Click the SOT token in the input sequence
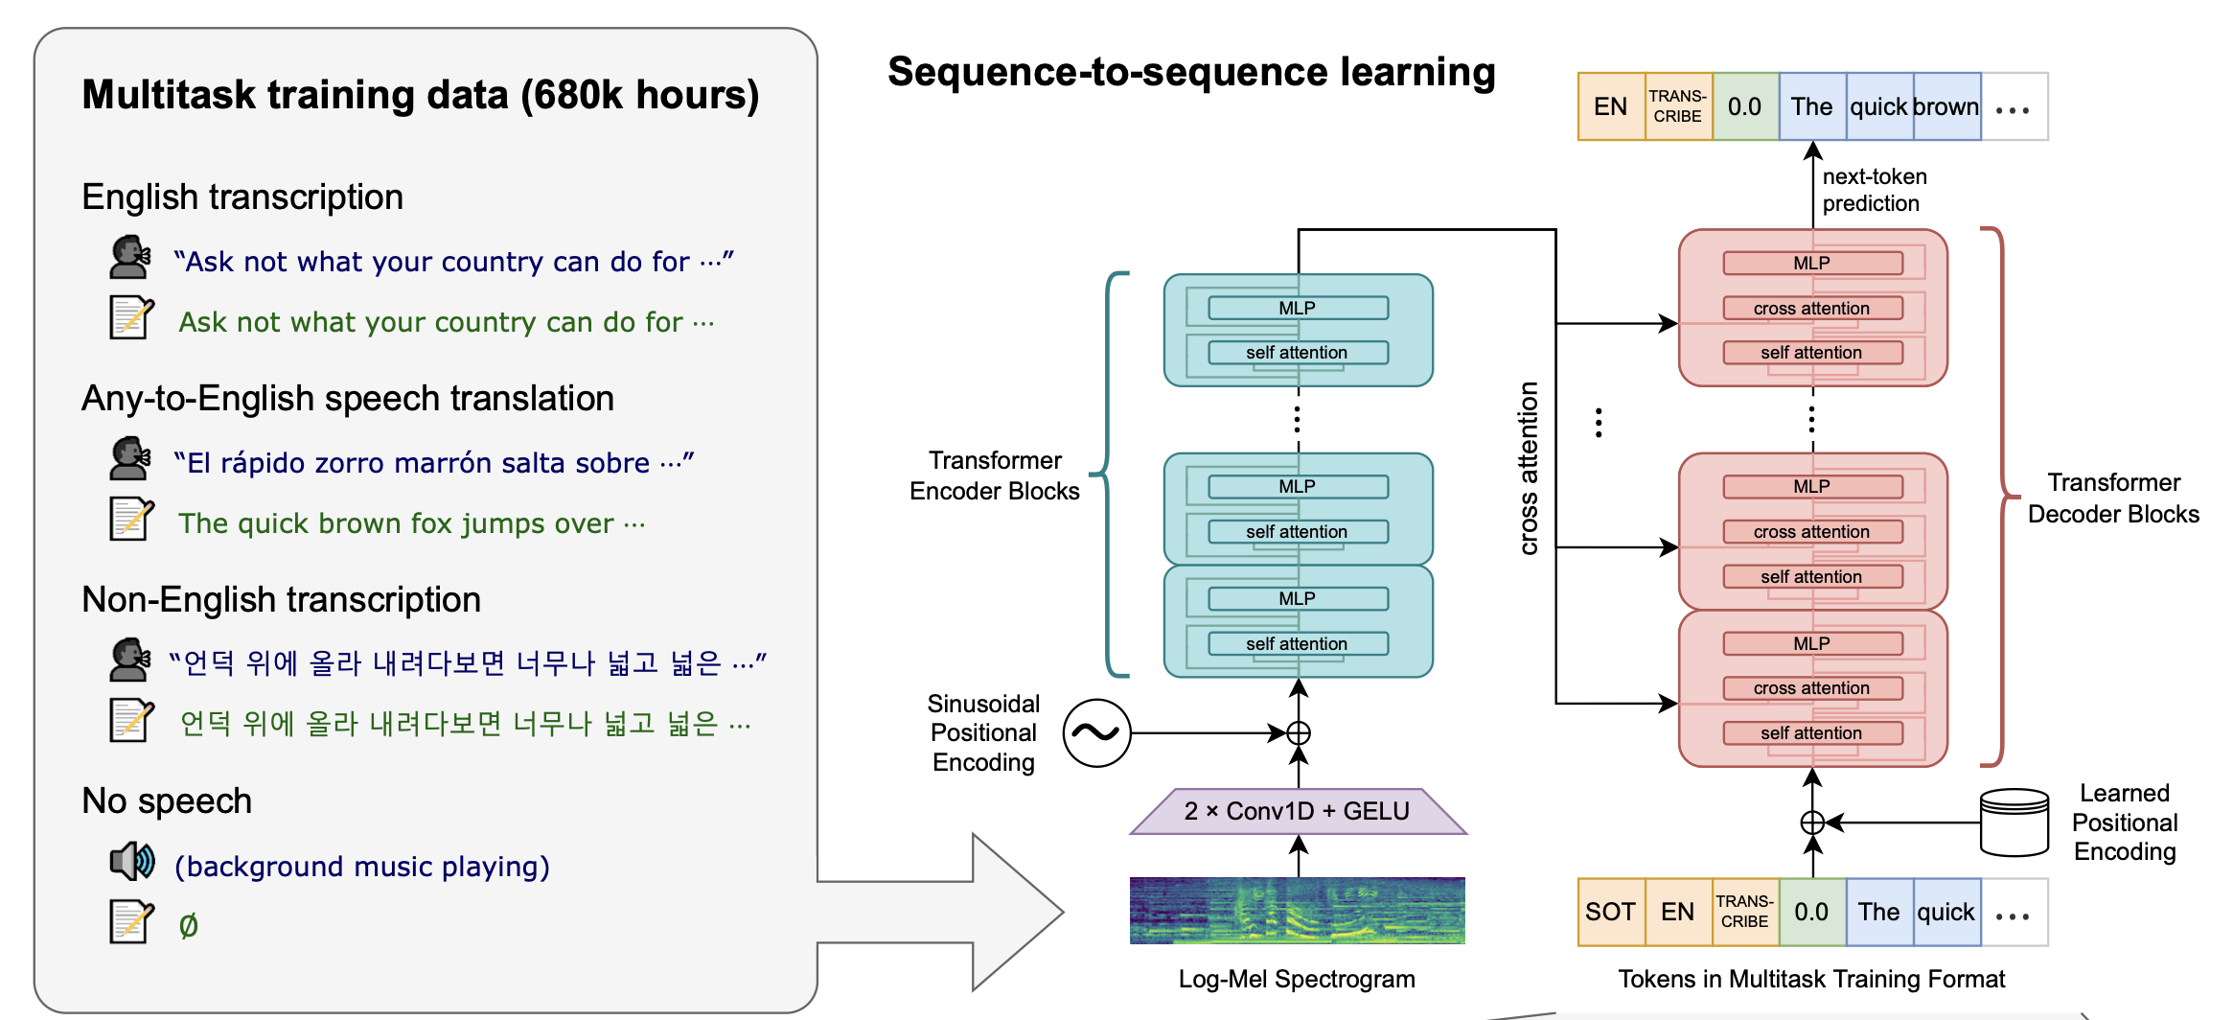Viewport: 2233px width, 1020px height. click(1611, 912)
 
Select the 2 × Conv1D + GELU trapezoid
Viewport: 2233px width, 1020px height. click(1298, 811)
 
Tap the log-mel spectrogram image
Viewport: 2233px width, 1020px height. click(1298, 911)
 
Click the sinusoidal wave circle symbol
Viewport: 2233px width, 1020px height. click(1097, 733)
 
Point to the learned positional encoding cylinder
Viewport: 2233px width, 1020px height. click(2014, 823)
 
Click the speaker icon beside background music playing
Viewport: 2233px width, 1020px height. click(132, 861)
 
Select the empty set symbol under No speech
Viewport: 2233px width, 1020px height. click(189, 925)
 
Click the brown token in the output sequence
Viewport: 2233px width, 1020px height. click(1946, 106)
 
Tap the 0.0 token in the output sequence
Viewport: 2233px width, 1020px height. click(1745, 106)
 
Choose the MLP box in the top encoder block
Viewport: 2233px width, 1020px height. click(1298, 308)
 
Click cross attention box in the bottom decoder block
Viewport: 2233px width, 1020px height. click(1812, 688)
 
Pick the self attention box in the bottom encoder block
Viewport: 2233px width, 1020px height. click(1298, 643)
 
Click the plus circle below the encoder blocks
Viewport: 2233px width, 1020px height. click(1299, 733)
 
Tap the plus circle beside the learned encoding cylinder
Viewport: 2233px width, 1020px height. click(1812, 823)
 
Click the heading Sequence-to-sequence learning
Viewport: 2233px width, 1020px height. click(1191, 72)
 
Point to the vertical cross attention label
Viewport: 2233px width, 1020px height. click(1529, 468)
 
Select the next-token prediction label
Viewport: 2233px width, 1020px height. click(1875, 190)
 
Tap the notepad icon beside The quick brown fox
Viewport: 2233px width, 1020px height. click(131, 519)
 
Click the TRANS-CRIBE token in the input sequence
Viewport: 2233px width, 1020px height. click(1745, 912)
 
